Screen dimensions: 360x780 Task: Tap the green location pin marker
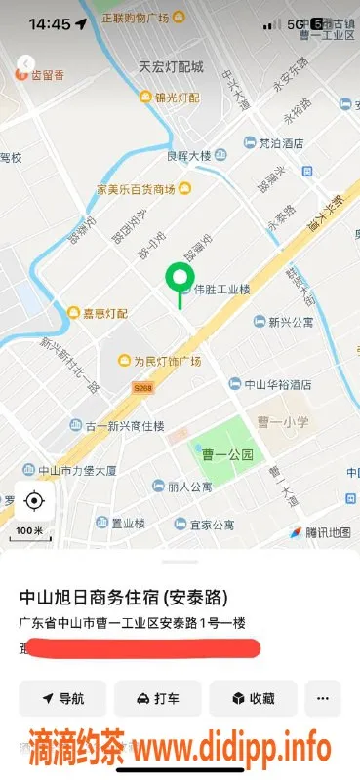(x=179, y=279)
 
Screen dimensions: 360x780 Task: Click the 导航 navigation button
(x=62, y=698)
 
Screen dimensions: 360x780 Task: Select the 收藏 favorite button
(x=252, y=698)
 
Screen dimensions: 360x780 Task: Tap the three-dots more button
(x=323, y=698)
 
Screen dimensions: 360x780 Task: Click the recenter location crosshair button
(x=34, y=501)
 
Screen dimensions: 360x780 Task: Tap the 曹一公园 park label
(x=234, y=454)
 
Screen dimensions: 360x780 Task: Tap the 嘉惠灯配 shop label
(x=104, y=312)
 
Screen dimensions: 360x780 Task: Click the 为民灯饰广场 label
(x=166, y=361)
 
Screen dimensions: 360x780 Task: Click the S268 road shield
(x=143, y=388)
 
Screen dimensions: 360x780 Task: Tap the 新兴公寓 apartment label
(x=291, y=321)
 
